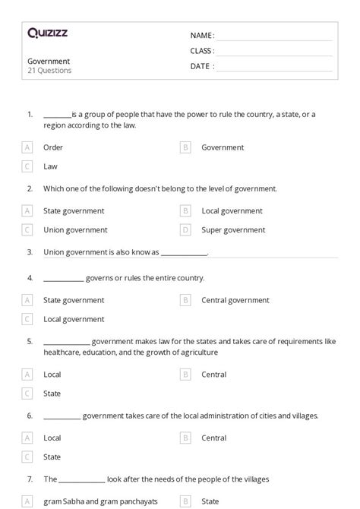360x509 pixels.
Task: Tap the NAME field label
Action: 201,36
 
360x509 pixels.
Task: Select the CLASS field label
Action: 202,51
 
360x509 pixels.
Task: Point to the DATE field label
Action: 201,66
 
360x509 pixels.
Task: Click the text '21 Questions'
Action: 50,71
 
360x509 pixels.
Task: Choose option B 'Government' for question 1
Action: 223,147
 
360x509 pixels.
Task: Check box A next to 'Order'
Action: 27,147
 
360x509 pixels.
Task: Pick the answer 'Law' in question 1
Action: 50,166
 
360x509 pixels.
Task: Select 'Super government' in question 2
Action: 233,229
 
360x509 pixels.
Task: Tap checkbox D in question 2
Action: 185,229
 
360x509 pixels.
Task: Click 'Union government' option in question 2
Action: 75,229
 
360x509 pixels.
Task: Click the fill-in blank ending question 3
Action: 184,252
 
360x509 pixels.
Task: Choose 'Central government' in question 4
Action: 235,300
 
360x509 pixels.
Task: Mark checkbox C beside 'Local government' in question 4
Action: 27,319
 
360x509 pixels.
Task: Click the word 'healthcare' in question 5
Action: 62,352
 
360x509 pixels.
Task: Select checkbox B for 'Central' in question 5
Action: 185,375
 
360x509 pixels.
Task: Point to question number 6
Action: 30,416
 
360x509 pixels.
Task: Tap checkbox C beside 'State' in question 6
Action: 27,457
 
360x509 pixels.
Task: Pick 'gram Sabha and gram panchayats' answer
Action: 90,501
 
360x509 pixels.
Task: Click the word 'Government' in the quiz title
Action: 49,61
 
